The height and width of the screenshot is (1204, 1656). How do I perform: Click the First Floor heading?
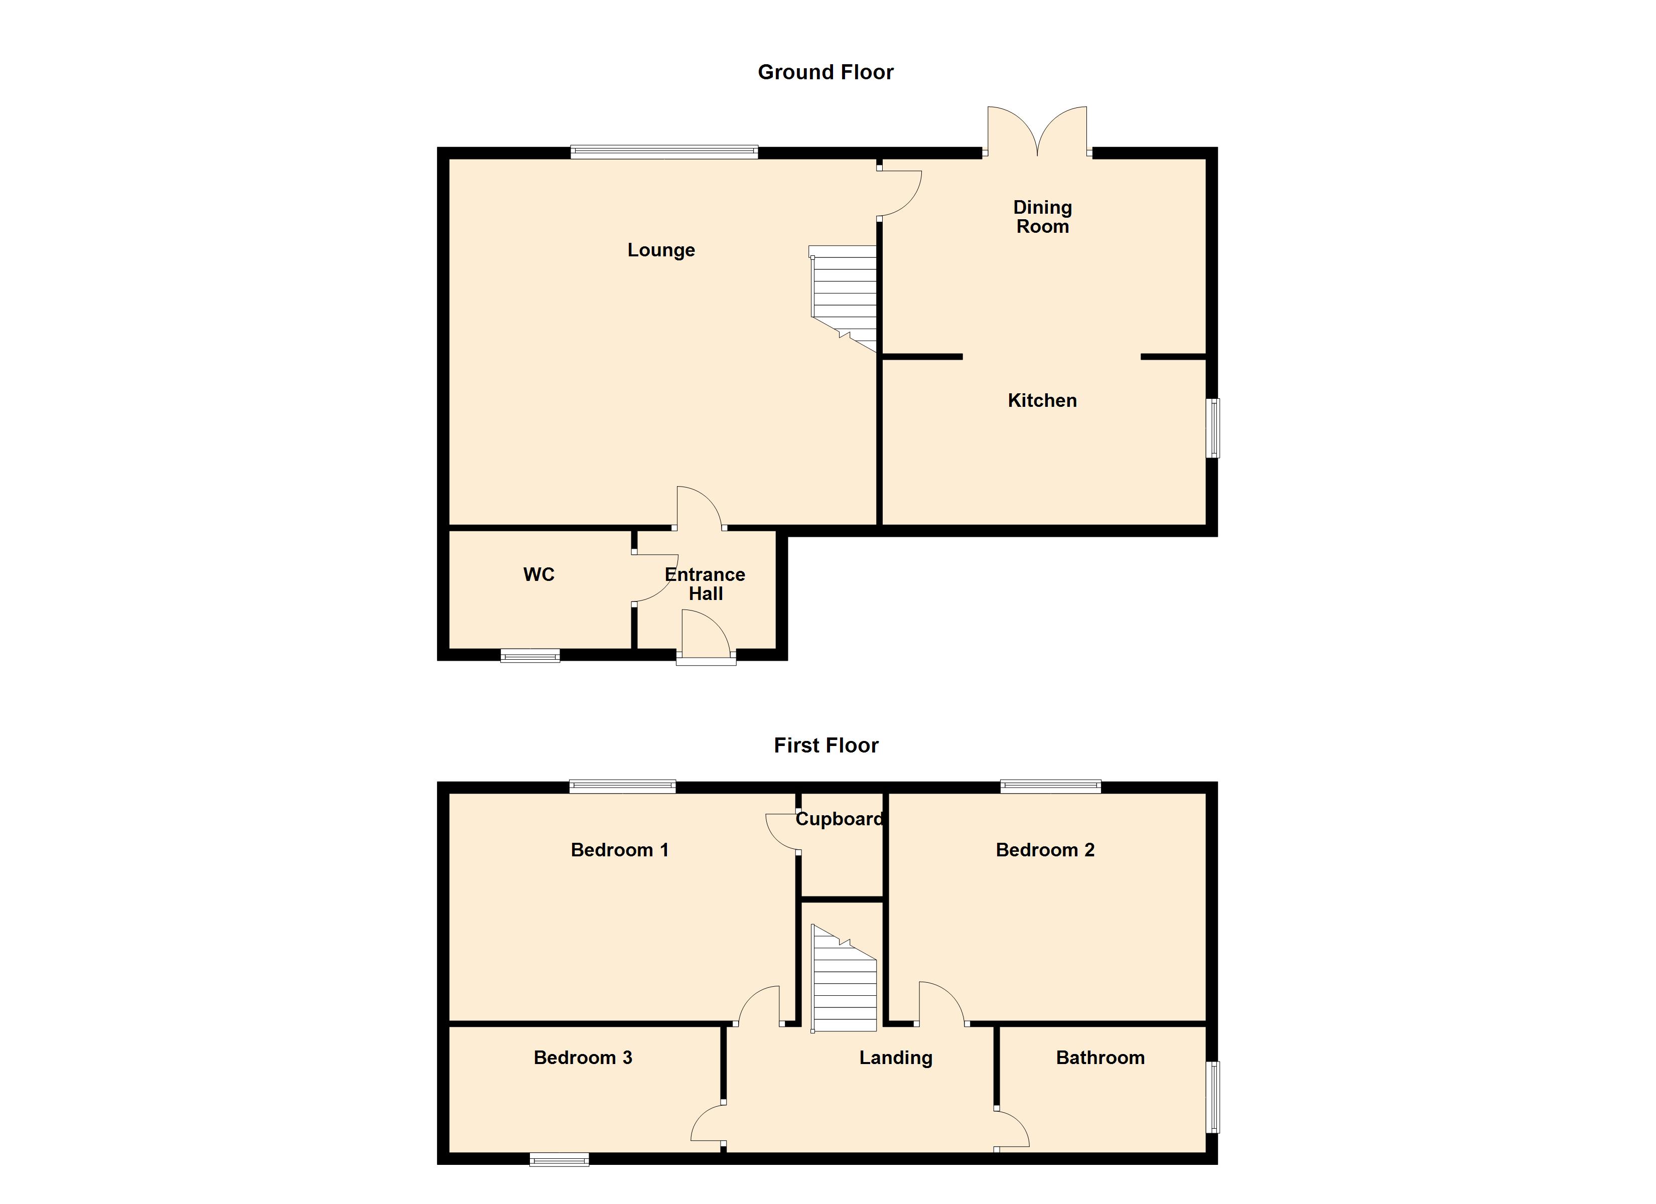[826, 745]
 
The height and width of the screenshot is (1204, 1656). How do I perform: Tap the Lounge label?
[661, 250]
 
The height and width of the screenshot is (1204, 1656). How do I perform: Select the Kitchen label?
[1042, 401]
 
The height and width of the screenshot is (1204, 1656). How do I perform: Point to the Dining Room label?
[1042, 217]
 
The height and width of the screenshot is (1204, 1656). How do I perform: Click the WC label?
[539, 574]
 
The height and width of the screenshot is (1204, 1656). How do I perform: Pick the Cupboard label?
[839, 819]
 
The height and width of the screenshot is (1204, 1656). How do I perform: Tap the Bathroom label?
[1099, 1058]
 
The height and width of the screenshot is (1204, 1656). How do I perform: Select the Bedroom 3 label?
[583, 1058]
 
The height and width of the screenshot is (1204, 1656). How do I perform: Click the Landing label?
[895, 1058]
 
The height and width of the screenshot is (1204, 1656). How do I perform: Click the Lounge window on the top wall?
[664, 152]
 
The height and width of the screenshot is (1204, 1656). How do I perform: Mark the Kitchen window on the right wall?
[1212, 428]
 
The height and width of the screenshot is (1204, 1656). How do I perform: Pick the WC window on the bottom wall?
[530, 656]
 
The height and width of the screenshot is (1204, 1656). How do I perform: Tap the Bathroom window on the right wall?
[1212, 1097]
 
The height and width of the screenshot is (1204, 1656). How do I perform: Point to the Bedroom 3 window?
[559, 1159]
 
